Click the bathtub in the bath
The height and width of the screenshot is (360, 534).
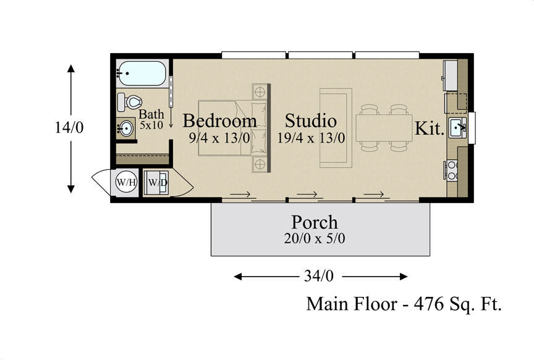tap(142, 73)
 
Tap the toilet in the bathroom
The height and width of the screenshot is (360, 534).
tap(129, 102)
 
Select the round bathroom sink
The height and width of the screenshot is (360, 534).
tap(125, 128)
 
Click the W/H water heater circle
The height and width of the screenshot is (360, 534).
tap(126, 182)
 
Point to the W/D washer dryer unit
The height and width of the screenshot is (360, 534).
tap(156, 183)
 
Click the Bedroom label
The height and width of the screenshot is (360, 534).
tap(219, 121)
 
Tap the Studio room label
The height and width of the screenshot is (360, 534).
tap(311, 121)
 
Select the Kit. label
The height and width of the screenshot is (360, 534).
tap(430, 128)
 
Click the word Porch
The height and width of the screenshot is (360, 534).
tap(315, 222)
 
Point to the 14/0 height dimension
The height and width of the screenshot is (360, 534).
tap(69, 128)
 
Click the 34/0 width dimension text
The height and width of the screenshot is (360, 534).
tap(319, 276)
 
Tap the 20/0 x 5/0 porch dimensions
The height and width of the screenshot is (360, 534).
tap(315, 238)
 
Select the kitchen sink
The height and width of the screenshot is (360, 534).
tap(457, 128)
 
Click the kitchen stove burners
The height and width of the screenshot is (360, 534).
tap(452, 170)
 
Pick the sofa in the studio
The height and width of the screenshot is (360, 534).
tap(336, 128)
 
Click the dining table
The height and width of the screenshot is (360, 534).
tap(384, 128)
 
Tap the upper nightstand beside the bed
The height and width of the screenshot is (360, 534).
tap(260, 91)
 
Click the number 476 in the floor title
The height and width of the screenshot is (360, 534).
tap(428, 304)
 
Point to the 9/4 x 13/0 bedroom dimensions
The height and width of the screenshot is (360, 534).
tap(219, 138)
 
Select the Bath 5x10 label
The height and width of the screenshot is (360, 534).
tap(151, 119)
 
